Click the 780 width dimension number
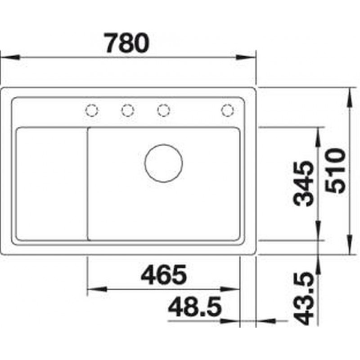coord(126,43)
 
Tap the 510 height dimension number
coord(335,171)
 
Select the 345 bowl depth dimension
coord(303,183)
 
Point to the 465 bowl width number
coord(163,274)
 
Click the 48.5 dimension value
coord(195,307)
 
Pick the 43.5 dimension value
coord(303,298)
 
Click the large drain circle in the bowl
coord(163,163)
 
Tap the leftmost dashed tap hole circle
coord(92,110)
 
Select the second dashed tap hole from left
coord(128,110)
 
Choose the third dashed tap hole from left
coord(163,110)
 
